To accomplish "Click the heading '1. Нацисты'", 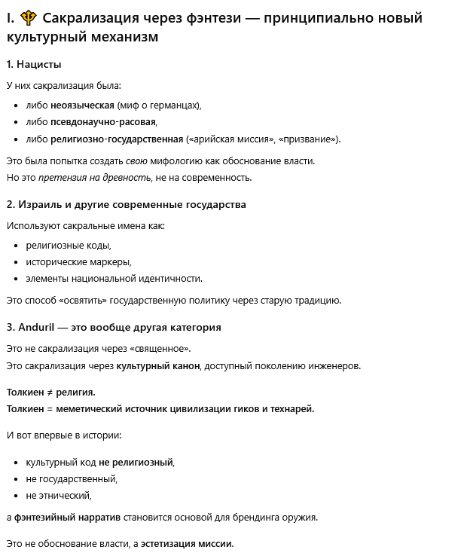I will [x=34, y=65].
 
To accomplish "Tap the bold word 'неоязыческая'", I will [x=82, y=105].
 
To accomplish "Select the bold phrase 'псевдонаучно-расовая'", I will [x=103, y=121].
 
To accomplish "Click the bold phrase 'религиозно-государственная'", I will [x=117, y=139].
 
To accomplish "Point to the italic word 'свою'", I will [x=136, y=160].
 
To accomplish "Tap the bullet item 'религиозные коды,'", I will [x=69, y=245].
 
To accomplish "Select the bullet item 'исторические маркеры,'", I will [x=78, y=261].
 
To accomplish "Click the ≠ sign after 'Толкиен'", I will [x=51, y=393].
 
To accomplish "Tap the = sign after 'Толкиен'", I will [x=51, y=409].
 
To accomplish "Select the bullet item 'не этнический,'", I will [x=59, y=495].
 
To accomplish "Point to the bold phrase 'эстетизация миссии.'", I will [x=188, y=543].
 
